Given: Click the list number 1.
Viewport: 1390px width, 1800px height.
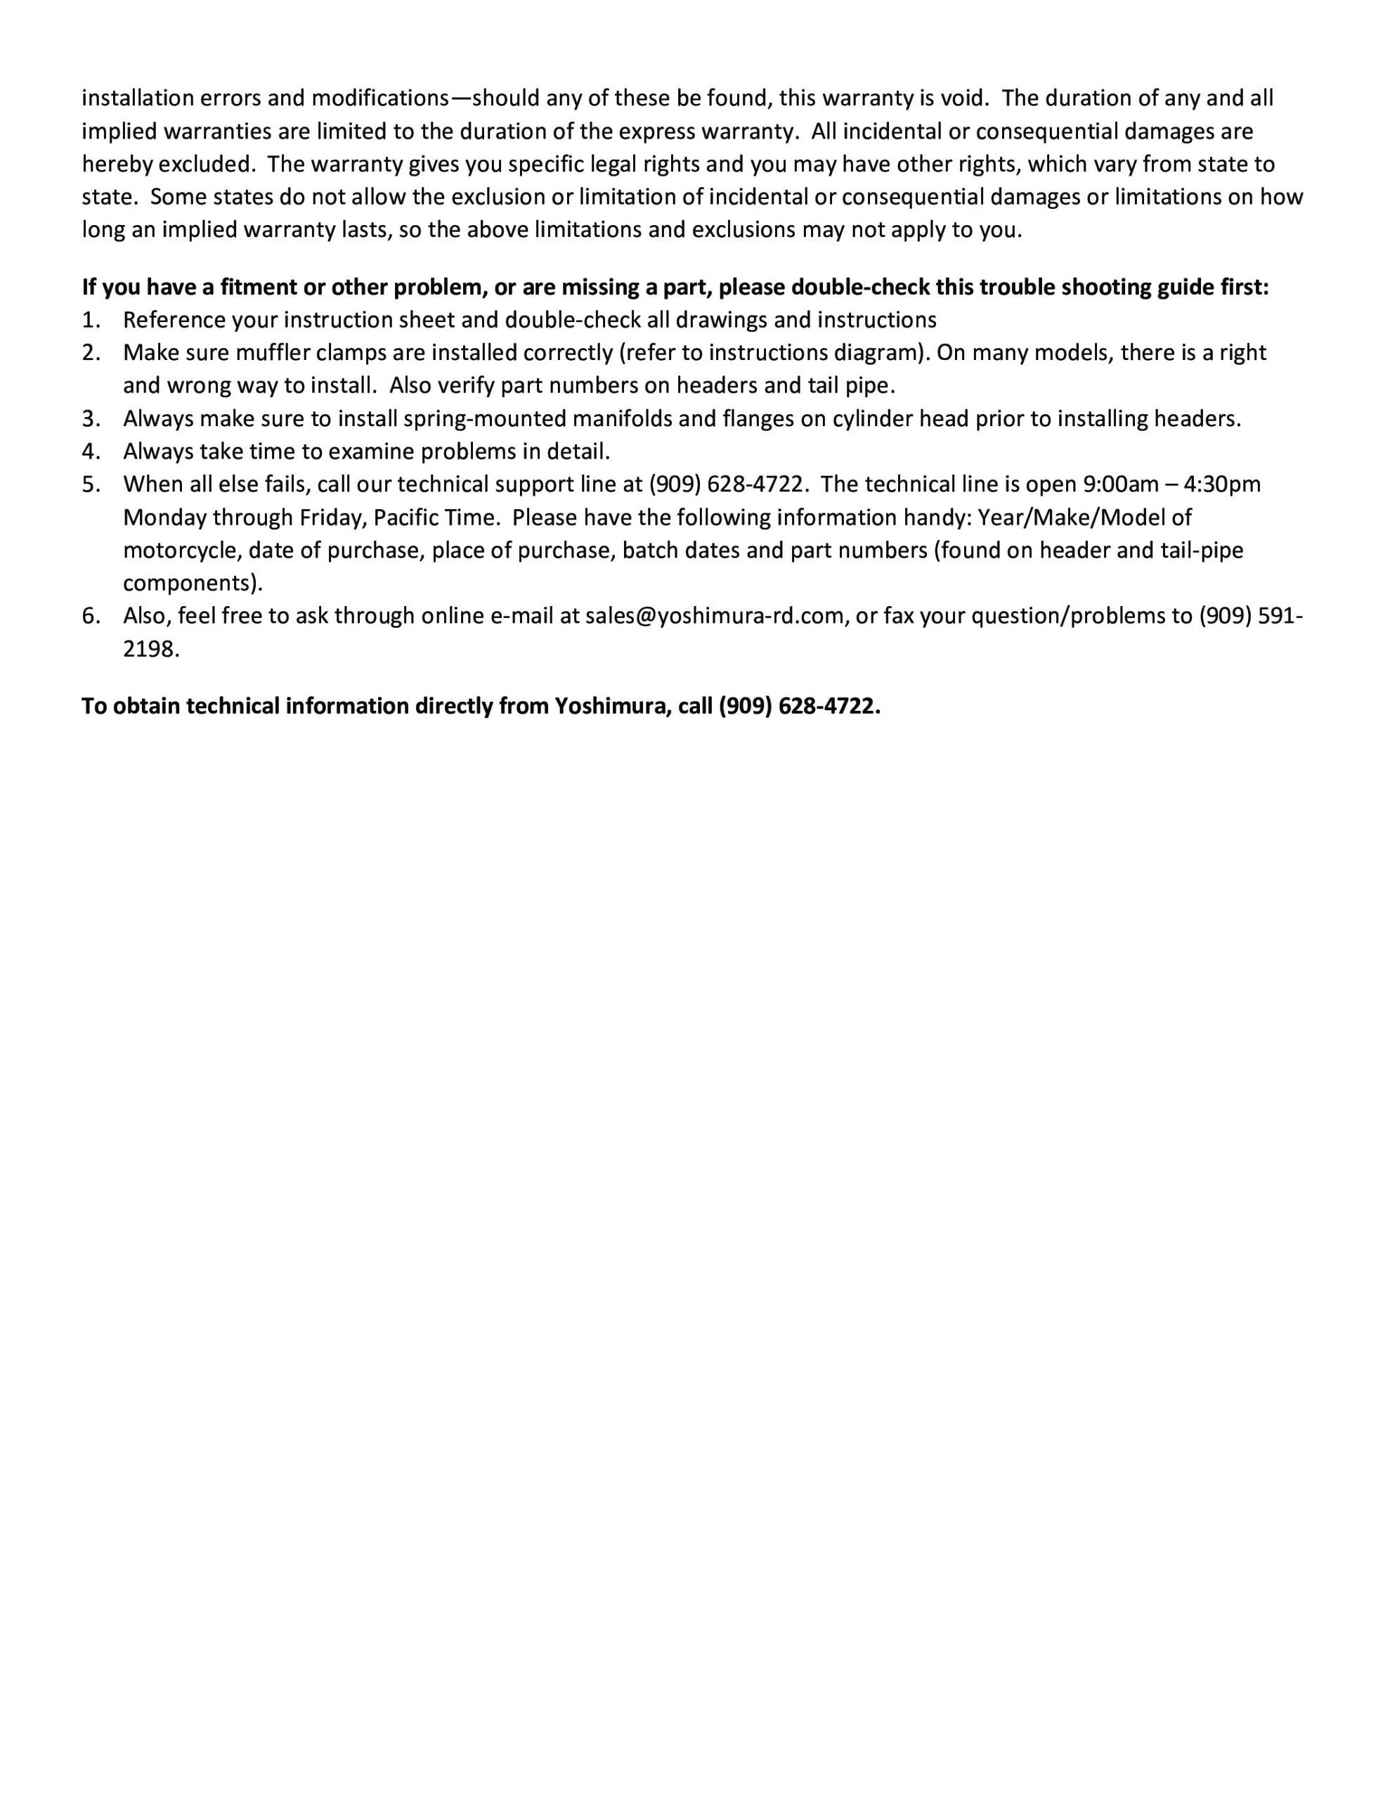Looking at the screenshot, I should pyautogui.click(x=90, y=320).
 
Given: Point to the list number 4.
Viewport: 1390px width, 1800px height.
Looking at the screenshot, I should pyautogui.click(x=90, y=451).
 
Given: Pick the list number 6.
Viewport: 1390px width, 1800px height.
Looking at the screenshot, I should pyautogui.click(x=90, y=616).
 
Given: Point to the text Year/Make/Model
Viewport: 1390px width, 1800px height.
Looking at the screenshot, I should pyautogui.click(x=1084, y=517).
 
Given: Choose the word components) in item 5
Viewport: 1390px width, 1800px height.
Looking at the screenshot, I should pyautogui.click(x=193, y=584).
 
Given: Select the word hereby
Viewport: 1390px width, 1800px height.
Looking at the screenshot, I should pyautogui.click(x=116, y=164).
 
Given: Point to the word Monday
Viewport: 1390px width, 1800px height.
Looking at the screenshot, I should pyautogui.click(x=164, y=517).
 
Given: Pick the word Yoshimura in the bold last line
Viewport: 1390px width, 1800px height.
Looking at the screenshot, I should pyautogui.click(x=611, y=707).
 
